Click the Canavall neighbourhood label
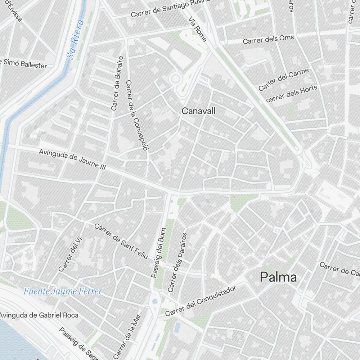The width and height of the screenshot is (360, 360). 198,111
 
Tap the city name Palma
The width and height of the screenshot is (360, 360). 278,277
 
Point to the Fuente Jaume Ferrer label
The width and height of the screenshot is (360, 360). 63,291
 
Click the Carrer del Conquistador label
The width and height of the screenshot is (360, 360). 200,301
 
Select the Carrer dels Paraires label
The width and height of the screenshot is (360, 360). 177,262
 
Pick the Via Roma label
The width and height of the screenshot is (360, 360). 197,29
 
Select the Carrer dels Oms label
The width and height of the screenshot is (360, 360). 268,39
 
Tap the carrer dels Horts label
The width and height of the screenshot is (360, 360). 292,93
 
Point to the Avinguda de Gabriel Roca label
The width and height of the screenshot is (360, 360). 39,315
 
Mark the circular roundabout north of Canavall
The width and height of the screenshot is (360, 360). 176,79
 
